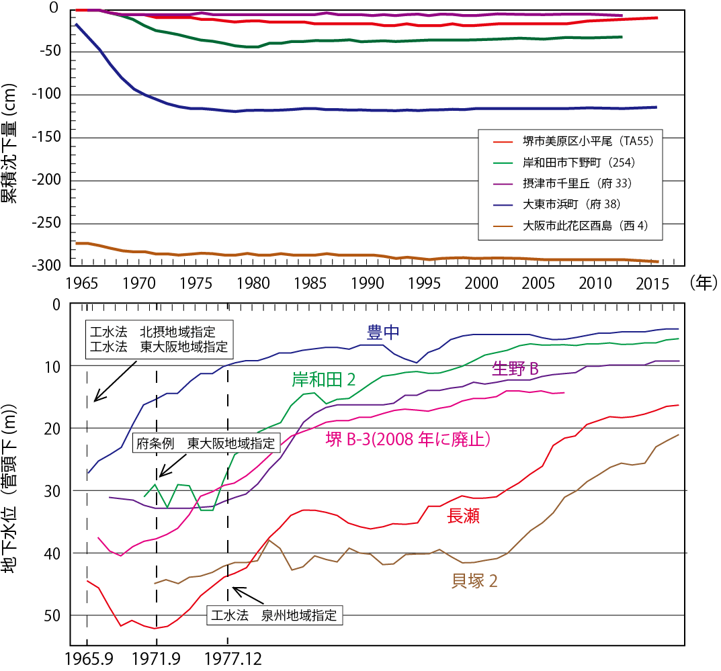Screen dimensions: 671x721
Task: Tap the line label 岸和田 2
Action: coord(323,379)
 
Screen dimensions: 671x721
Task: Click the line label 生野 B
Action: coord(516,369)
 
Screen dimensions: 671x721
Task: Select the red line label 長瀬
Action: coord(464,516)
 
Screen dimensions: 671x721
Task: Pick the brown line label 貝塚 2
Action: coord(474,581)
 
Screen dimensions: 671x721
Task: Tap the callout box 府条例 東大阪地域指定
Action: coord(206,443)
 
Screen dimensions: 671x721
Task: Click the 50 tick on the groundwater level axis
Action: coord(52,615)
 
